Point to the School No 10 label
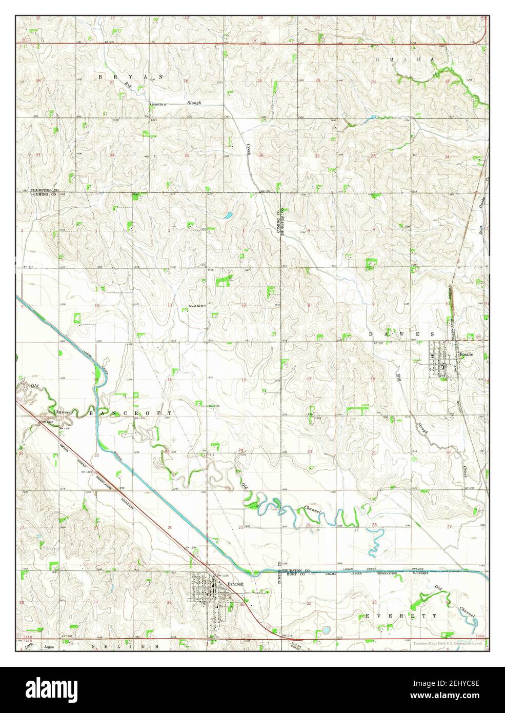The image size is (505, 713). [159, 105]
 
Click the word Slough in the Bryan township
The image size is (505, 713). [194, 103]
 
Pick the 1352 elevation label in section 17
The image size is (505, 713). [318, 418]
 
